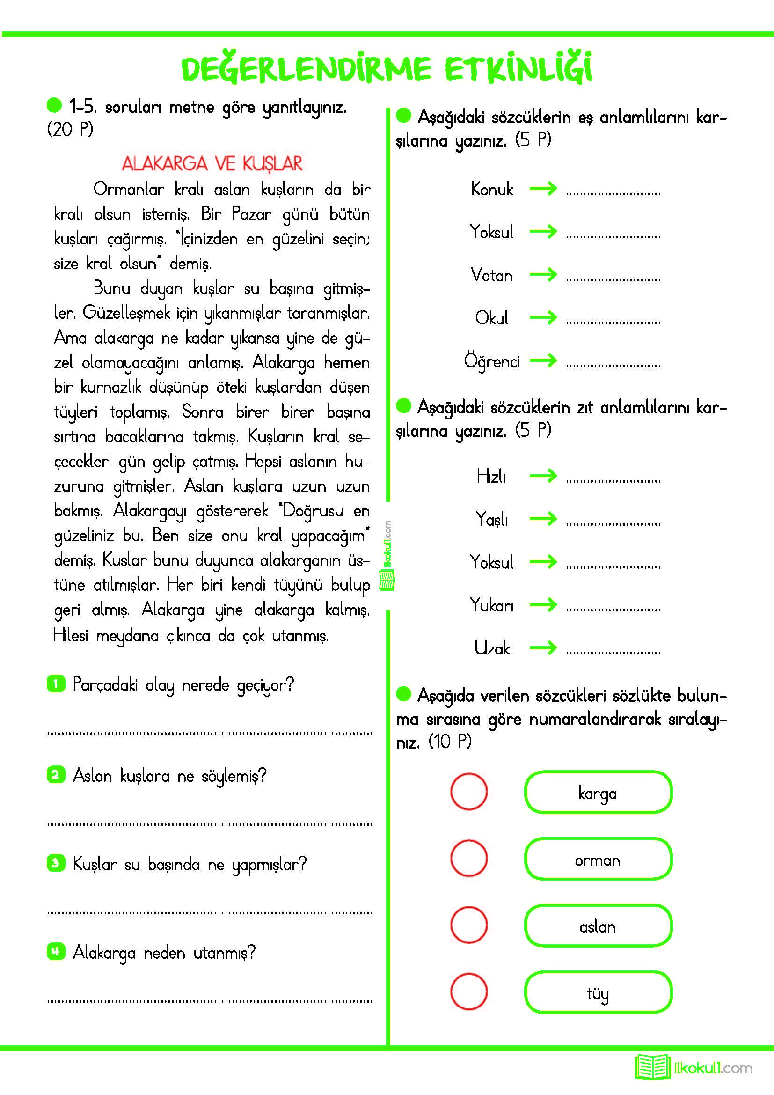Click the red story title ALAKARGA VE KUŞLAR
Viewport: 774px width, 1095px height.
[x=212, y=163]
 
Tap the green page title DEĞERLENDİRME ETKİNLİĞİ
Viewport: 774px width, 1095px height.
[x=387, y=68]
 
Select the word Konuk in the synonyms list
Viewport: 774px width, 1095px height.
[x=492, y=189]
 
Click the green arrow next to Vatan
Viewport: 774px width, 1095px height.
[x=543, y=274]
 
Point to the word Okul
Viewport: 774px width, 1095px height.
[x=492, y=317]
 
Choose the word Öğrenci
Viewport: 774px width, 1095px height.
[x=491, y=361]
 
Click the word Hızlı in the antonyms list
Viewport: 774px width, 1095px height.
[x=491, y=476]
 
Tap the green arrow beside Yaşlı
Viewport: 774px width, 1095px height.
[x=543, y=518]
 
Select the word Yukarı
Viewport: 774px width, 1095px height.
[x=492, y=605]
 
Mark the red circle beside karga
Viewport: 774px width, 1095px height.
[x=469, y=792]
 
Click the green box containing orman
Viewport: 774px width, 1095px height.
[x=598, y=859]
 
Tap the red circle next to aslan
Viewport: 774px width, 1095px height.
[x=469, y=925]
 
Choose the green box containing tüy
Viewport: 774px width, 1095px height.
[x=598, y=992]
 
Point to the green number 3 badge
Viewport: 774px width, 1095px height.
[x=56, y=863]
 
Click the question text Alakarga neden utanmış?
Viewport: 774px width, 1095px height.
[x=164, y=953]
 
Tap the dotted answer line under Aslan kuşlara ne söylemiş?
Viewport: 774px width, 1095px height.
[x=210, y=824]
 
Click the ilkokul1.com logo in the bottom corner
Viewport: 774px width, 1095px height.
[x=694, y=1067]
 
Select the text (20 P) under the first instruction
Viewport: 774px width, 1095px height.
[x=70, y=129]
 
